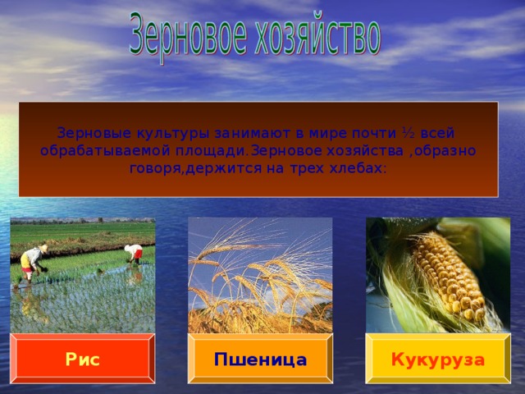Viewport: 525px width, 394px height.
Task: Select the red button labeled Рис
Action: pos(83,360)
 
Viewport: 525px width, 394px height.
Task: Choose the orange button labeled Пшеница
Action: pos(260,360)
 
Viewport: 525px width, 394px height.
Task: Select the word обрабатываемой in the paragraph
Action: pos(106,151)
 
